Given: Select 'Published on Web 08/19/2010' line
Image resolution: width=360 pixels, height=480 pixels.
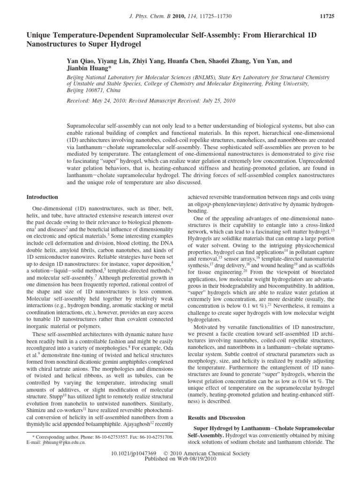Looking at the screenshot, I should pos(180,460).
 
